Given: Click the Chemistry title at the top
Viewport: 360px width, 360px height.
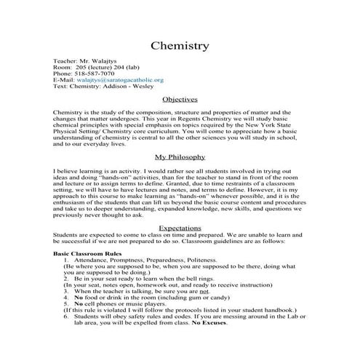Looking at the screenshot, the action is [180, 46].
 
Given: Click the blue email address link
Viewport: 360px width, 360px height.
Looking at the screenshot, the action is [120, 80].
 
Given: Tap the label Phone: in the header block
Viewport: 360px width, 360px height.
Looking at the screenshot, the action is [64, 73].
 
